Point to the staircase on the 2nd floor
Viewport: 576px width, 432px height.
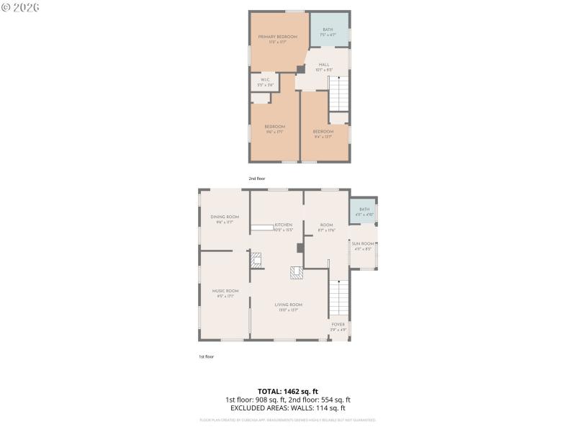(x=338, y=93)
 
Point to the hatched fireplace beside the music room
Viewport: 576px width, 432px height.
(x=256, y=259)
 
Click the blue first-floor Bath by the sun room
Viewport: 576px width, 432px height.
(x=364, y=211)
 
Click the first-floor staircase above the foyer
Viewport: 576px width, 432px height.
(x=338, y=297)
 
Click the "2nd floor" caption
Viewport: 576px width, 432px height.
(x=257, y=178)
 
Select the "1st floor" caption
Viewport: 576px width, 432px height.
(x=207, y=356)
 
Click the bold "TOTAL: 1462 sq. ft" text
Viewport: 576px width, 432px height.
(x=288, y=391)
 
